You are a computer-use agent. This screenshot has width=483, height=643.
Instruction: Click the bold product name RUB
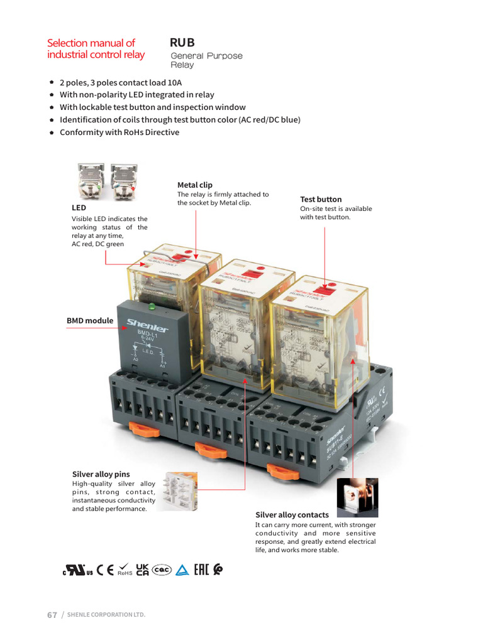click(182, 43)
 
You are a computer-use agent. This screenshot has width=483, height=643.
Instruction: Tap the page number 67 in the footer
click(52, 614)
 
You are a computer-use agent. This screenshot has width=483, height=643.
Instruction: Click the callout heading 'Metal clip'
click(195, 185)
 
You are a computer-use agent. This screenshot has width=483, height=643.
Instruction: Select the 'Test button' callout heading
click(321, 199)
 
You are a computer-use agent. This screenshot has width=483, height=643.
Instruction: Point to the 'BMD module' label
click(90, 321)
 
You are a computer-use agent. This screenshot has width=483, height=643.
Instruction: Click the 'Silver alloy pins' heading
click(101, 474)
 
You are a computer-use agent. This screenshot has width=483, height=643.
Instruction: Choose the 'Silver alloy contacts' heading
click(292, 515)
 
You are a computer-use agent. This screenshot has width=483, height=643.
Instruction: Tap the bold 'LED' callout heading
click(79, 207)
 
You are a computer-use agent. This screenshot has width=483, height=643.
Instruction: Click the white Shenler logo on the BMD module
click(148, 325)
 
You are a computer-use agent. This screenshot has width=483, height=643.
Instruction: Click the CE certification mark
click(106, 570)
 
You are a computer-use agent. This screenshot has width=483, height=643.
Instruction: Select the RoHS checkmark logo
click(125, 570)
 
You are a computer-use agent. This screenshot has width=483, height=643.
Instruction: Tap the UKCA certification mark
click(142, 570)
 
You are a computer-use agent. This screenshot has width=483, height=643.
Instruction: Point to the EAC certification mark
click(201, 570)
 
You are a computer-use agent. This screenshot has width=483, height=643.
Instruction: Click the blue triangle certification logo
click(182, 570)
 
